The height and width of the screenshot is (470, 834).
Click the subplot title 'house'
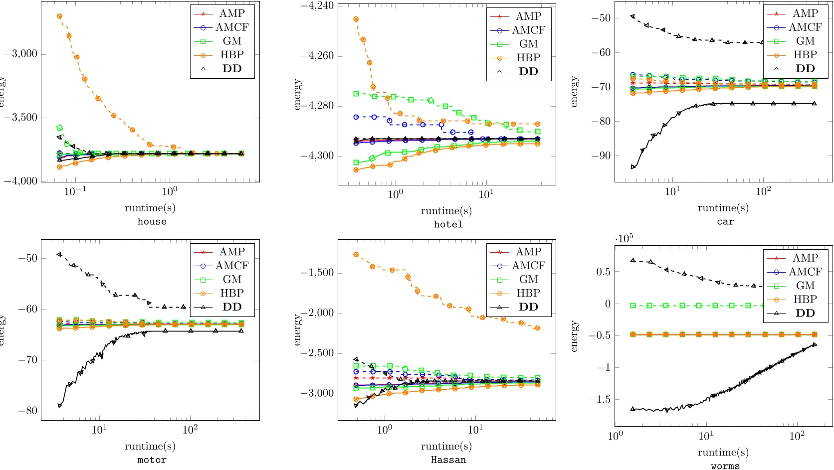coord(152,222)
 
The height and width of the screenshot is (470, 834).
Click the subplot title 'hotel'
coord(448,225)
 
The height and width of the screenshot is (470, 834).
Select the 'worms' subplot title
coord(725,466)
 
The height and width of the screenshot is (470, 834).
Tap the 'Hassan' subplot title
coord(448,460)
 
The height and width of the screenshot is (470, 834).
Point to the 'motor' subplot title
coord(152,460)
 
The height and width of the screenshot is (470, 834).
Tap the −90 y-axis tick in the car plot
coord(602,156)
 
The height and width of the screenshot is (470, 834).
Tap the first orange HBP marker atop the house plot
coord(60,16)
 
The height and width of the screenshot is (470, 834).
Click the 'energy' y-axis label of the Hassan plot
coord(298,329)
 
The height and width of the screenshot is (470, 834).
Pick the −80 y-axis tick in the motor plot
coord(26,411)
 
